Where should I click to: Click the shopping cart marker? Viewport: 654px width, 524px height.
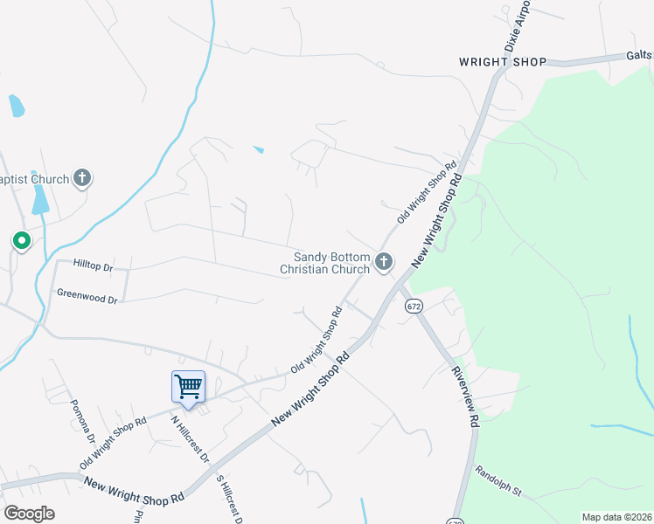(188, 387)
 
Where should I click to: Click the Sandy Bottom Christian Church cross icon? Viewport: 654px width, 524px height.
(383, 261)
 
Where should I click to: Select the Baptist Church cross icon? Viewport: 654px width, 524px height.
(82, 179)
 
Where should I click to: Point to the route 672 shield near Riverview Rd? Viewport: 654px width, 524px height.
(414, 307)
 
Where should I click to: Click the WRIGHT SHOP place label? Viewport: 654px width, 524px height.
(503, 62)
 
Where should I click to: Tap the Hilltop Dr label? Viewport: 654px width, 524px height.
(94, 265)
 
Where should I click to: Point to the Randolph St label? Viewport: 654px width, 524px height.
(498, 481)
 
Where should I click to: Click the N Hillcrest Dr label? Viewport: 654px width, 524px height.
(190, 438)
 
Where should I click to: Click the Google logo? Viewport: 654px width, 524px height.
(29, 514)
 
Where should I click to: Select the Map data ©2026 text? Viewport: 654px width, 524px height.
(617, 517)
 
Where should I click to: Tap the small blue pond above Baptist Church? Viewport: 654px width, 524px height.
(16, 107)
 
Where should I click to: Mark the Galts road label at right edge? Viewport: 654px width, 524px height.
(639, 55)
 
